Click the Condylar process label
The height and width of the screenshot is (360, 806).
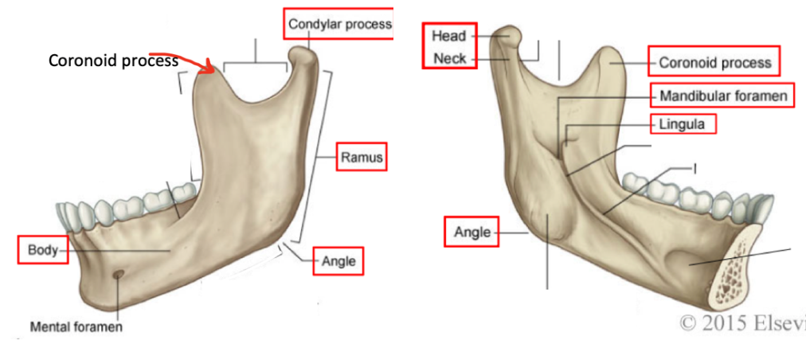339,24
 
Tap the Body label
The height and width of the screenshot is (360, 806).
40,249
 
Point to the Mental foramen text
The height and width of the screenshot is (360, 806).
76,327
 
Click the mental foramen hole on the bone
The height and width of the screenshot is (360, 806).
118,275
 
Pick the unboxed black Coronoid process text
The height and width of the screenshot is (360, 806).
113,61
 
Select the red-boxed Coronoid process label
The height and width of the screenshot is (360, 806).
714,62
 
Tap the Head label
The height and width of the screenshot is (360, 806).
448,36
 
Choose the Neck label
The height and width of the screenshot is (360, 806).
448,57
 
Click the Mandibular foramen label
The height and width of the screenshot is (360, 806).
723,96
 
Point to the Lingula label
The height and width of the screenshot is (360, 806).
683,123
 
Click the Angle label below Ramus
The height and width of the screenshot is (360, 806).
338,260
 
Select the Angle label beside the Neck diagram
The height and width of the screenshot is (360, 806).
471,233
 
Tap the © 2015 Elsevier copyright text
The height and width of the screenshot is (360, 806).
741,324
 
